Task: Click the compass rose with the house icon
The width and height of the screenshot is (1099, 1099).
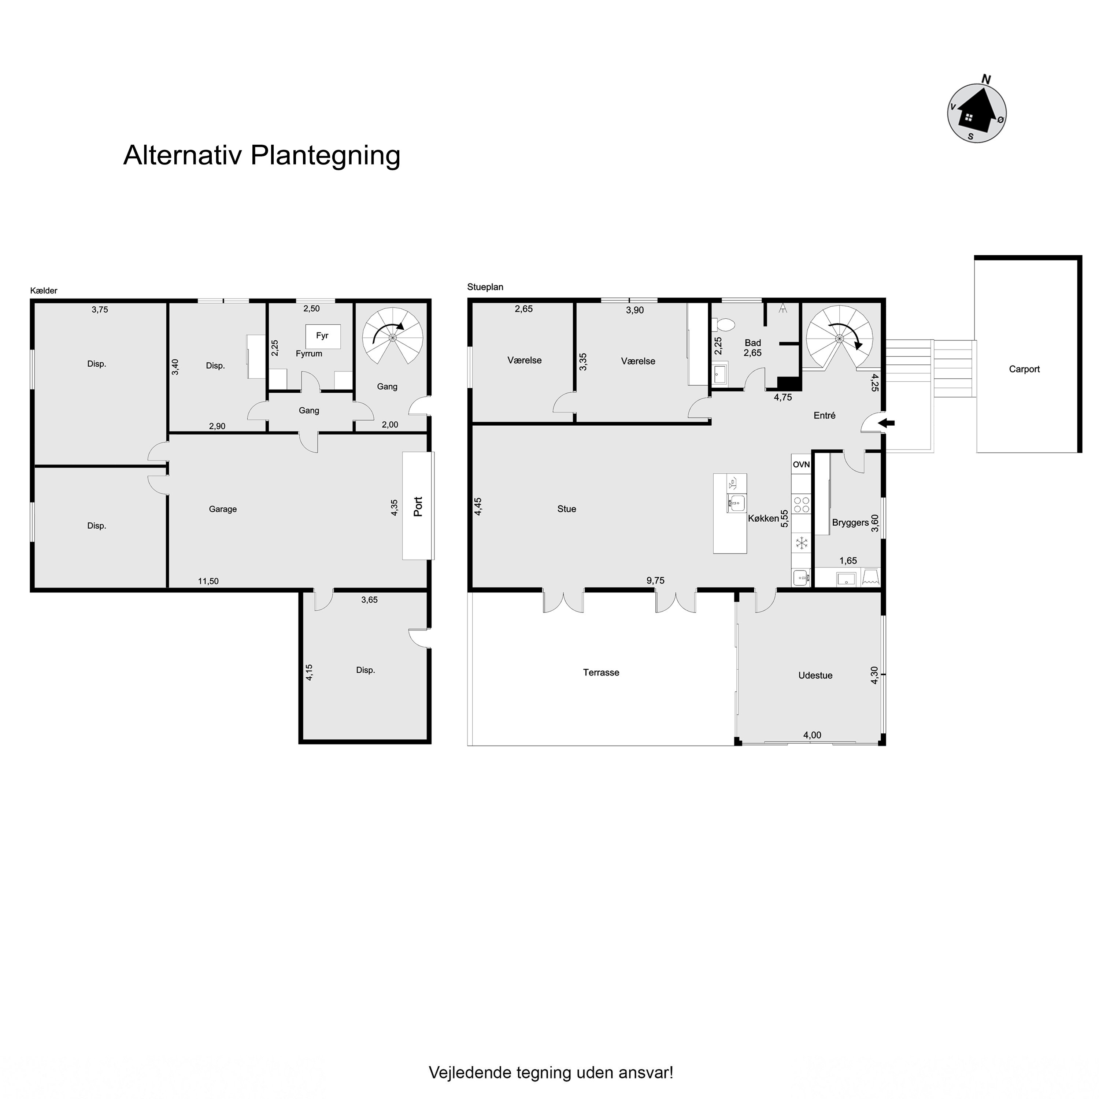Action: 977,112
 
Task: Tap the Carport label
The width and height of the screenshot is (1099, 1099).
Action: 1024,369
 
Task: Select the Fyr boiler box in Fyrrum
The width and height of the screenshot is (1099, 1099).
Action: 322,336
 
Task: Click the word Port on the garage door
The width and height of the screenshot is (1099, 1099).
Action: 418,506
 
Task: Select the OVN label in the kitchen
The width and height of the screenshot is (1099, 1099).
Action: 801,465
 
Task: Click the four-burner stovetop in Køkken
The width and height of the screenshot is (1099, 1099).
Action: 802,505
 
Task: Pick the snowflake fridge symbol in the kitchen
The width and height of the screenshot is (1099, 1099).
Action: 802,543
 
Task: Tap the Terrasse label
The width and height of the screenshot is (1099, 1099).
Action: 601,672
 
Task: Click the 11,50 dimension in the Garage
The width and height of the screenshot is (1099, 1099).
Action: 208,581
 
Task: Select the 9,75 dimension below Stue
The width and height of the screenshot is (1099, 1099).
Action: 655,581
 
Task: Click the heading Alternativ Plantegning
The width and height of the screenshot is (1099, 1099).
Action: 262,155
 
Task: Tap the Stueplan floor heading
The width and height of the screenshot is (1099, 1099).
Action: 485,287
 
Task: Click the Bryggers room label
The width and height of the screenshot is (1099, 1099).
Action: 850,523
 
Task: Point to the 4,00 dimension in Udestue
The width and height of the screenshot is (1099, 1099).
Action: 812,735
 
